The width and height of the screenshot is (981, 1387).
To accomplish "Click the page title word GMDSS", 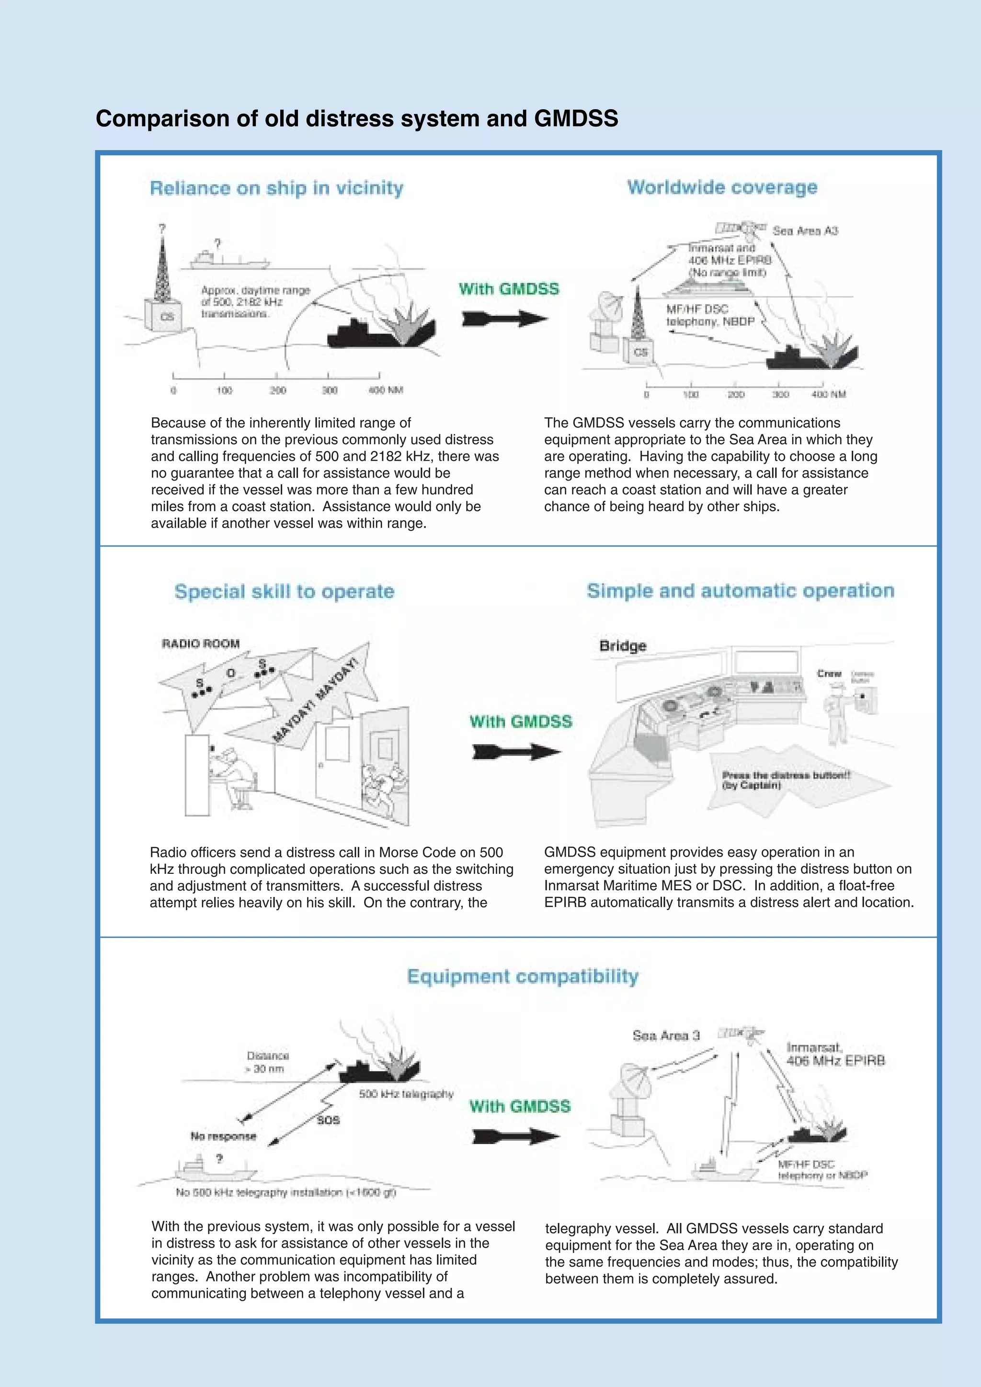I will [x=576, y=118].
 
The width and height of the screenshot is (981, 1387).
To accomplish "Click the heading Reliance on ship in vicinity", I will [x=277, y=188].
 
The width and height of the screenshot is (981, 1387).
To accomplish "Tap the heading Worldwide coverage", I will [x=722, y=187].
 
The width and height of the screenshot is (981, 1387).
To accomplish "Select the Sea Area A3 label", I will [x=805, y=231].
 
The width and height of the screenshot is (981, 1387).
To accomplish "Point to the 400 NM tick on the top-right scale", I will [x=828, y=394].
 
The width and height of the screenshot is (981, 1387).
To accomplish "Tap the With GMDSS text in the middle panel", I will [x=520, y=722].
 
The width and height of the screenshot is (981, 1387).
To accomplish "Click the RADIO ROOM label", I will [x=201, y=643].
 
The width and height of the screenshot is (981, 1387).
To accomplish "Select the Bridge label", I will [x=623, y=646].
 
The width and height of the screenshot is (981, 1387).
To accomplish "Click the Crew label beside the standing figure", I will [x=829, y=674].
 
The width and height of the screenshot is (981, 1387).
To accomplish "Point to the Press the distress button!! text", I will [x=786, y=775].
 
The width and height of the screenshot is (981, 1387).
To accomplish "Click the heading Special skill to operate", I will [x=284, y=591].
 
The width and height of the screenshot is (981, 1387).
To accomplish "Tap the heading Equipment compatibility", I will [x=523, y=976].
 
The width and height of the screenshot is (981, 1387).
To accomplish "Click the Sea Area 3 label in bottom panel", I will [x=666, y=1035].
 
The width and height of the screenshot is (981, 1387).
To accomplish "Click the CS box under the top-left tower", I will [x=167, y=317].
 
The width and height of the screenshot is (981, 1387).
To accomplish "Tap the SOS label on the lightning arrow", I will [x=328, y=1120].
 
